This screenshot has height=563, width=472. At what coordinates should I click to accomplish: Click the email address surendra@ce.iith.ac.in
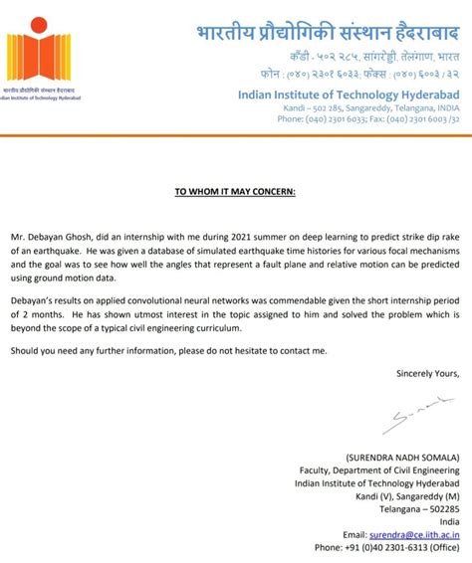[407, 533]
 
